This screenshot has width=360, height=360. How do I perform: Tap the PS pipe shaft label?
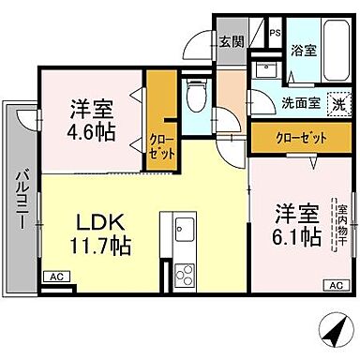(275, 34)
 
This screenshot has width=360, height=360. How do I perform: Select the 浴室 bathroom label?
(302, 52)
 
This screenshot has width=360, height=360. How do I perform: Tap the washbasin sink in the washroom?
(262, 68)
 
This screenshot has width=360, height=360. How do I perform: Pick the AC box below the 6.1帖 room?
(335, 285)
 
